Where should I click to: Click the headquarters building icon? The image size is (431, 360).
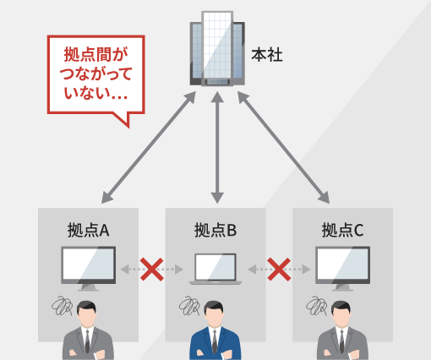pyautogui.click(x=217, y=48)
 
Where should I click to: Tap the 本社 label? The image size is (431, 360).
pyautogui.click(x=267, y=55)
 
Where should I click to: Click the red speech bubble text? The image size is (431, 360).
pyautogui.click(x=95, y=74)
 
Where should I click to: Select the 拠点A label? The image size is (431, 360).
pyautogui.click(x=88, y=230)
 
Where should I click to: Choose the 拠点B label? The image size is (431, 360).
pyautogui.click(x=215, y=230)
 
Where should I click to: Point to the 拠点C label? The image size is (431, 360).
pyautogui.click(x=342, y=230)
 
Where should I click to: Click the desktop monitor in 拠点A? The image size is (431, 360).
pyautogui.click(x=89, y=269)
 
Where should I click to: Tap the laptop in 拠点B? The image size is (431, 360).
pyautogui.click(x=215, y=269)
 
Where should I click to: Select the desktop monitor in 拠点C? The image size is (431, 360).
pyautogui.click(x=342, y=269)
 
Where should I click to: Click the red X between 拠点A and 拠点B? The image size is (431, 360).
pyautogui.click(x=152, y=270)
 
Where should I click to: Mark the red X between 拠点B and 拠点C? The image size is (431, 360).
pyautogui.click(x=279, y=270)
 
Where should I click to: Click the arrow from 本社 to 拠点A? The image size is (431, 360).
pyautogui.click(x=149, y=147)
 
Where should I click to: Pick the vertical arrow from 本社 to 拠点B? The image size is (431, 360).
pyautogui.click(x=217, y=147)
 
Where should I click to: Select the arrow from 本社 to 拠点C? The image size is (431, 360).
pyautogui.click(x=283, y=147)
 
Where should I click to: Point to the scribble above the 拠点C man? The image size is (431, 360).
pyautogui.click(x=317, y=306)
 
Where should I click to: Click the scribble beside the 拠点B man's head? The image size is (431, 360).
pyautogui.click(x=189, y=306)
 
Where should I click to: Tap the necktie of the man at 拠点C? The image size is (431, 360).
pyautogui.click(x=341, y=341)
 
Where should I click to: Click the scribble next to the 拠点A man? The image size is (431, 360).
pyautogui.click(x=63, y=306)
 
